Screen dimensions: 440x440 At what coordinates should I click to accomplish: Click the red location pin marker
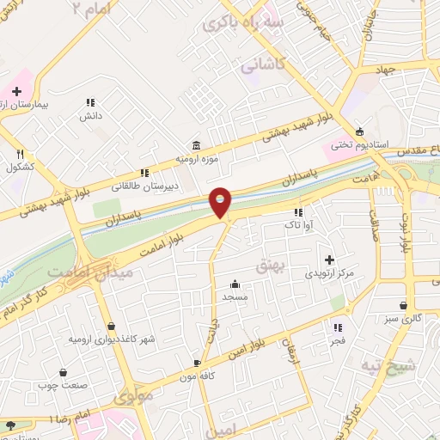pyautogui.click(x=221, y=203)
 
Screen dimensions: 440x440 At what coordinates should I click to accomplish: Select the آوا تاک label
pyautogui.click(x=297, y=225)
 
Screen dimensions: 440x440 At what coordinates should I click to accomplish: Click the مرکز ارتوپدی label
pyautogui.click(x=330, y=273)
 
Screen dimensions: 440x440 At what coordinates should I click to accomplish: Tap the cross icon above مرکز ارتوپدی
pyautogui.click(x=330, y=259)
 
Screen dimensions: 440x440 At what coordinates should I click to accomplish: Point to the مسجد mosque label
pyautogui.click(x=235, y=296)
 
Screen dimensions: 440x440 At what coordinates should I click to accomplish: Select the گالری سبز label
pyautogui.click(x=403, y=320)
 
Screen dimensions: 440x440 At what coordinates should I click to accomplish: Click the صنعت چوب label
pyautogui.click(x=62, y=385)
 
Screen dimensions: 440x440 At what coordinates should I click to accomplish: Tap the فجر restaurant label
pyautogui.click(x=337, y=341)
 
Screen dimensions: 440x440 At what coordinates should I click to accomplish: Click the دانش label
pyautogui.click(x=91, y=114)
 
